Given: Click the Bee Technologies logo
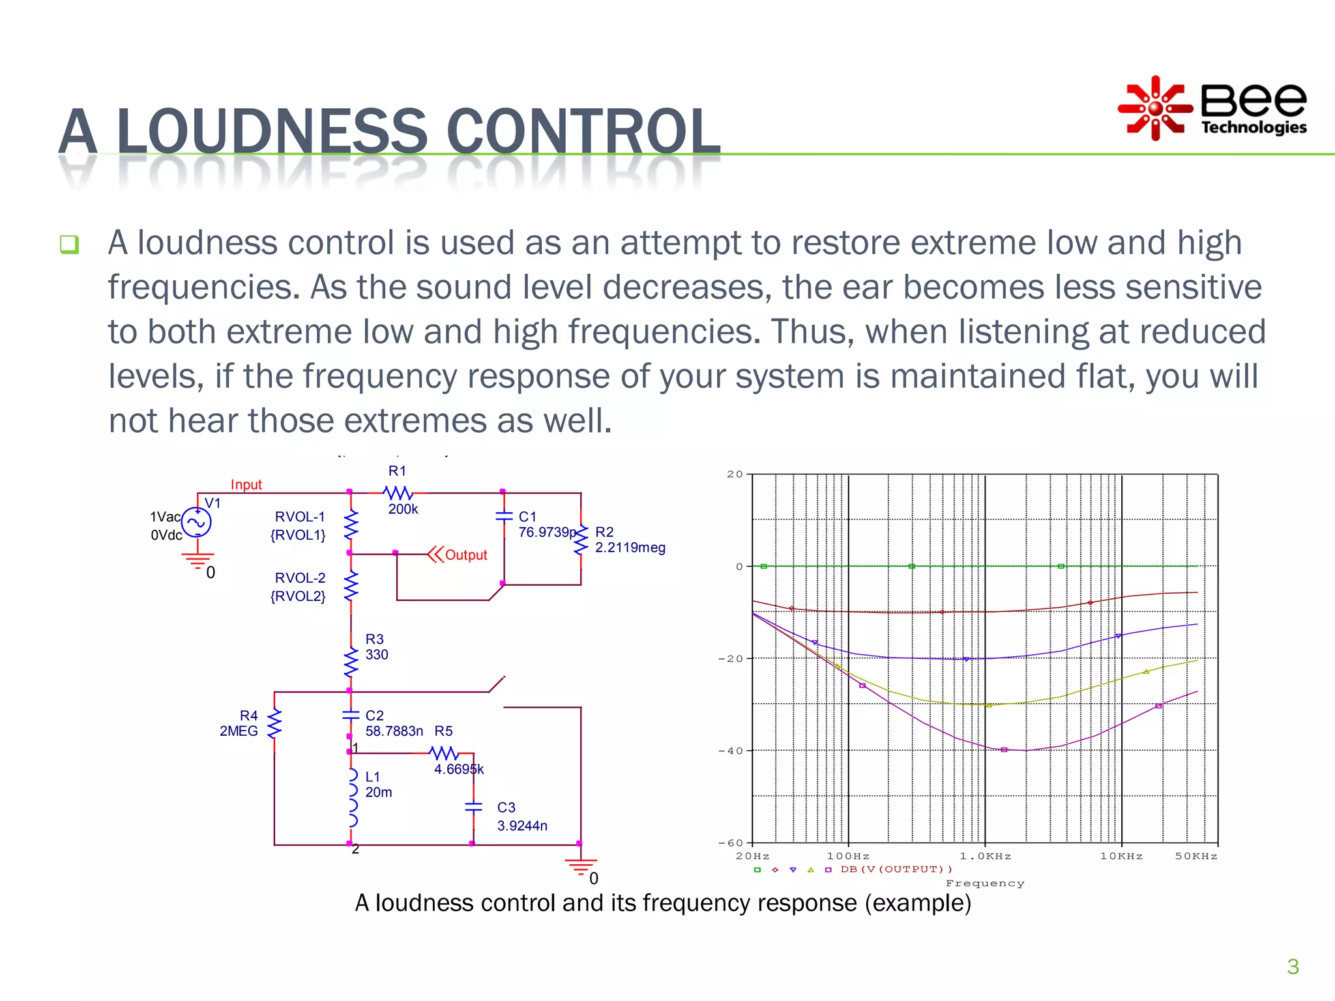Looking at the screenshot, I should point(1212,108).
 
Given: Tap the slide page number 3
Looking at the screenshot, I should point(1293,966).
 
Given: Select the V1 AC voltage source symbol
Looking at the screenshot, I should point(196,522).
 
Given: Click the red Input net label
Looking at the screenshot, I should point(246,485).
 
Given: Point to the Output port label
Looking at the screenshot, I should point(465,555).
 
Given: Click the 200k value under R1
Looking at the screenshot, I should point(403,510).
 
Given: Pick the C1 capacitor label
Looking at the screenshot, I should point(527,517).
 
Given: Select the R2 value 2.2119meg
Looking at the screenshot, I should point(630,547).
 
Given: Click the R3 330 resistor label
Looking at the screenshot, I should point(376,647).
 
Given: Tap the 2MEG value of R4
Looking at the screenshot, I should point(239,731).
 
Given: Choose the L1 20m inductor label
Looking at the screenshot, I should point(378,785).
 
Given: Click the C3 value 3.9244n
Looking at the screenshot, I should point(522,826).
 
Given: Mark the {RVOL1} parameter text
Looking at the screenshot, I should point(298,535).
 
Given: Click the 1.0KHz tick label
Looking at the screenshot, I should point(985,856).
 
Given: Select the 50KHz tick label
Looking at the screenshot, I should point(1196,856).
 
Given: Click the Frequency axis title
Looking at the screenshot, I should point(984,884).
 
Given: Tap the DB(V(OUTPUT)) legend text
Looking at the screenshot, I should point(896,869).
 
